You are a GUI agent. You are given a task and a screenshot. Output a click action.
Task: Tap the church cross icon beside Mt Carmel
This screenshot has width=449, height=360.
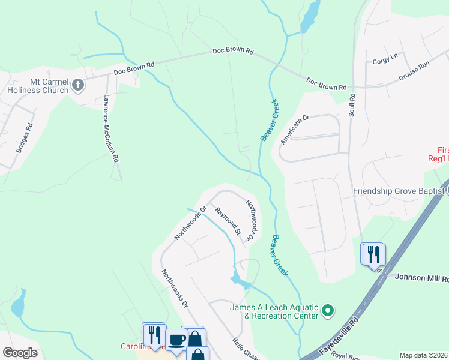[77, 85]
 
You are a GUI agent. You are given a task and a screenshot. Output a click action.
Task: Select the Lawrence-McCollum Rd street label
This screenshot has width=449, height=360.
[109, 128]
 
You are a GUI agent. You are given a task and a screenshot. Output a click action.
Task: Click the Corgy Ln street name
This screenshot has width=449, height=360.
[385, 59]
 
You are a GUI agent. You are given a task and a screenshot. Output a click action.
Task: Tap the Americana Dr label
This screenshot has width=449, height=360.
[294, 130]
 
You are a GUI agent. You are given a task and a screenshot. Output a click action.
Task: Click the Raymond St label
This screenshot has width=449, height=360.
[229, 221]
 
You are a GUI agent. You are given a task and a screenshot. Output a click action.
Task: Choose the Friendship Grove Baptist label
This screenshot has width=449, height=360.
[398, 191]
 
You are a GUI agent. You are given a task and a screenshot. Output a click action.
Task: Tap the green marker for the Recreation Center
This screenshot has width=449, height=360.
[327, 311]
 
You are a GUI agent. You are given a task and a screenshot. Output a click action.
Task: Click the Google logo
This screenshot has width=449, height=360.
[20, 353]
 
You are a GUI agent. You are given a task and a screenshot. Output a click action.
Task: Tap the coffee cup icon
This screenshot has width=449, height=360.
[176, 340]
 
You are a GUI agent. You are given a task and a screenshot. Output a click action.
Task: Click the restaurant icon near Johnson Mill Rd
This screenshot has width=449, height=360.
[373, 253]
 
